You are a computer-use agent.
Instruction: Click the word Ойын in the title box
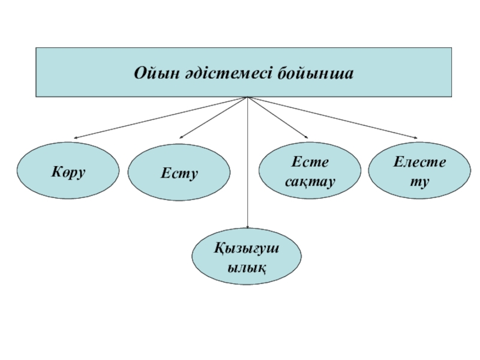coord(152,74)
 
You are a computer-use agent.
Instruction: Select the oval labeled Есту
coord(179,173)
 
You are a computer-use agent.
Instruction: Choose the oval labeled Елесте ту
coord(419,170)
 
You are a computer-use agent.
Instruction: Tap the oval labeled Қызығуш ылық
coord(247,256)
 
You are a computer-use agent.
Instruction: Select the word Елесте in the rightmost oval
coord(419,162)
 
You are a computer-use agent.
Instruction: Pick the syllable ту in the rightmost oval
coord(419,179)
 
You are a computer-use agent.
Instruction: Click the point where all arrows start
coord(247,97)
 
